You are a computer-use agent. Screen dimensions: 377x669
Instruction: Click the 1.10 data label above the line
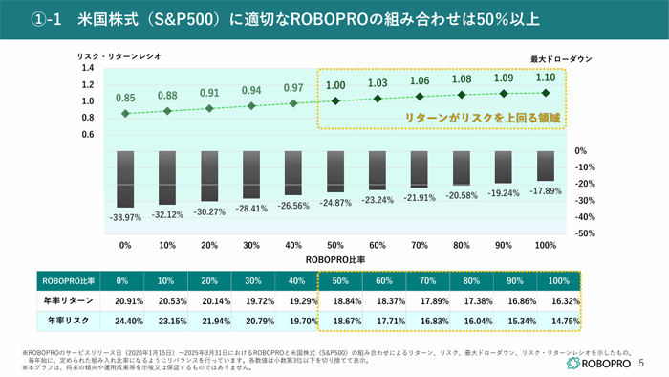click(x=545, y=78)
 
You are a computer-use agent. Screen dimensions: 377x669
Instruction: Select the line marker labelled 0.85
click(x=125, y=114)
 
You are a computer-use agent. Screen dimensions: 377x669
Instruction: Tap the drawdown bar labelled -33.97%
click(x=125, y=179)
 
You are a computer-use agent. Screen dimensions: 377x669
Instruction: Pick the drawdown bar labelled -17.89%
click(x=545, y=166)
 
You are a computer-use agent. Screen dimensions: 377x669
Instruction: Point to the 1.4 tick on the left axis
click(x=87, y=68)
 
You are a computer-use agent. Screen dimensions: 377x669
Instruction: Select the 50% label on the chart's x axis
click(x=335, y=246)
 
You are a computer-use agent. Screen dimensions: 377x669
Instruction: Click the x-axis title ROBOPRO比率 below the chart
click(x=334, y=259)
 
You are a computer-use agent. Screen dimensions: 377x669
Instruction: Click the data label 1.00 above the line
click(x=335, y=86)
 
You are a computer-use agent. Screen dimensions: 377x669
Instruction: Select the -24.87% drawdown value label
click(x=335, y=203)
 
